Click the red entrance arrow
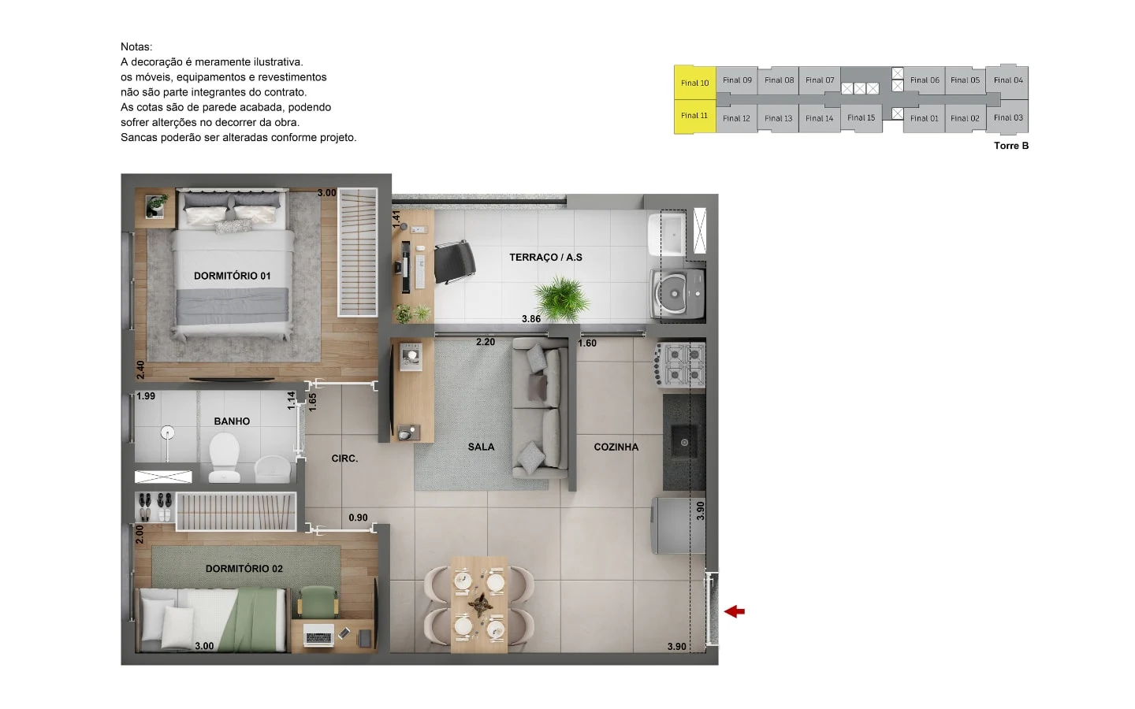pyautogui.click(x=735, y=612)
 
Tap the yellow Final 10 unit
pyautogui.click(x=694, y=83)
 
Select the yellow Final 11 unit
pyautogui.click(x=694, y=116)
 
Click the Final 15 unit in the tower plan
pyautogui.click(x=861, y=117)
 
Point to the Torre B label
pyautogui.click(x=1010, y=146)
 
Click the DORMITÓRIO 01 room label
pyautogui.click(x=232, y=276)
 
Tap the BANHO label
pyautogui.click(x=232, y=421)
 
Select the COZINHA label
pyautogui.click(x=616, y=447)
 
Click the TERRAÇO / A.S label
pyautogui.click(x=545, y=258)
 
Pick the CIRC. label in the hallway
pyautogui.click(x=344, y=458)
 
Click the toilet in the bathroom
pyautogui.click(x=225, y=457)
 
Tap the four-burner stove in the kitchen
pyautogui.click(x=681, y=365)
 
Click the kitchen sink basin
pyautogui.click(x=684, y=442)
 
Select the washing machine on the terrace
pyautogui.click(x=679, y=295)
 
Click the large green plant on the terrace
pyautogui.click(x=561, y=299)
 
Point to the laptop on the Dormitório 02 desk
pyautogui.click(x=318, y=635)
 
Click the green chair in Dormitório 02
pyautogui.click(x=318, y=602)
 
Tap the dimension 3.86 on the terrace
pyautogui.click(x=531, y=319)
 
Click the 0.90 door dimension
pyautogui.click(x=358, y=518)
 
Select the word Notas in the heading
pyautogui.click(x=136, y=46)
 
